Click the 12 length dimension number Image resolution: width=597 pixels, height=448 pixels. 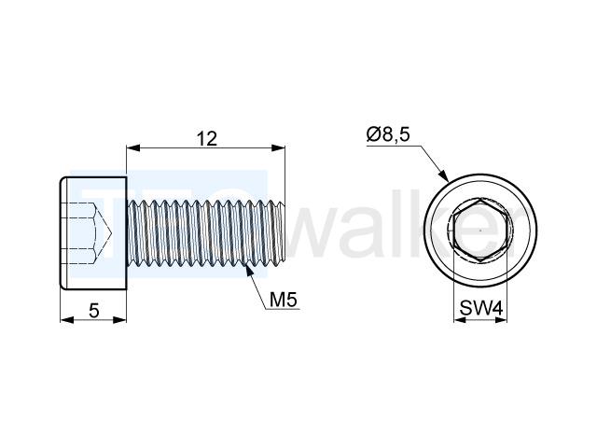(207, 139)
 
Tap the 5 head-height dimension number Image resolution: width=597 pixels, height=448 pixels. (94, 311)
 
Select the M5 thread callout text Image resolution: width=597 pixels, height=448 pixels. (283, 300)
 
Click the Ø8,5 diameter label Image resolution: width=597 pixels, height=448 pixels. (388, 134)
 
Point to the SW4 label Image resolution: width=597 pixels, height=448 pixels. (481, 308)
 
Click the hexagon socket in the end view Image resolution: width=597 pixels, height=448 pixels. (480, 231)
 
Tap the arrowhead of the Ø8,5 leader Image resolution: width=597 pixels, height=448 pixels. (444, 176)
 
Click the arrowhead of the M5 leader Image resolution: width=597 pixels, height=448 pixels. (249, 270)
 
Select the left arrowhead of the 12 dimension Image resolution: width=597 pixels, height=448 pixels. (132, 147)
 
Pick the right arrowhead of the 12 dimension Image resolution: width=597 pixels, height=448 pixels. (278, 147)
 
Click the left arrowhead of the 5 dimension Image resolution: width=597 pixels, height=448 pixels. (67, 320)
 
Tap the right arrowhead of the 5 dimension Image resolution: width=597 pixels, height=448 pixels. (119, 320)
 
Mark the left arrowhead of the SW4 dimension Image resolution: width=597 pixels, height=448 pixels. (460, 320)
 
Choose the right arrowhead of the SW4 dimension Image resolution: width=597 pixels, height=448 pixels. (501, 320)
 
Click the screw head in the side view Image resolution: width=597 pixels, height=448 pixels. (93, 233)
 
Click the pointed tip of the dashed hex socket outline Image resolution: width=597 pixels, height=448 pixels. (111, 232)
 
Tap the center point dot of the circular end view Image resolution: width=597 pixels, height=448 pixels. (480, 231)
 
